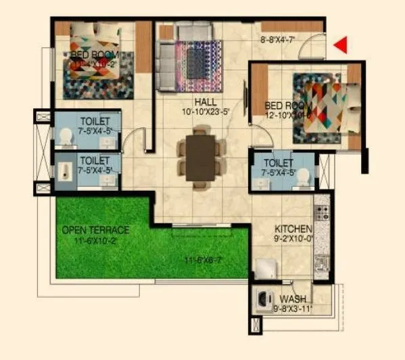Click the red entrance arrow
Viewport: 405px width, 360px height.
coord(341,45)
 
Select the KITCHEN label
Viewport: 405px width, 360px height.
coord(293,229)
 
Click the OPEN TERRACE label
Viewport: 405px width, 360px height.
coord(95,230)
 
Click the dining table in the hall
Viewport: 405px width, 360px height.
coord(200,158)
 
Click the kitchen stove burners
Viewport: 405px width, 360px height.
coord(323,213)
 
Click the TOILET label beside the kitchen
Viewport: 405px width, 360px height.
coord(279,163)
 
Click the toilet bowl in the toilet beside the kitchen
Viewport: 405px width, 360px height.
coord(304,177)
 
